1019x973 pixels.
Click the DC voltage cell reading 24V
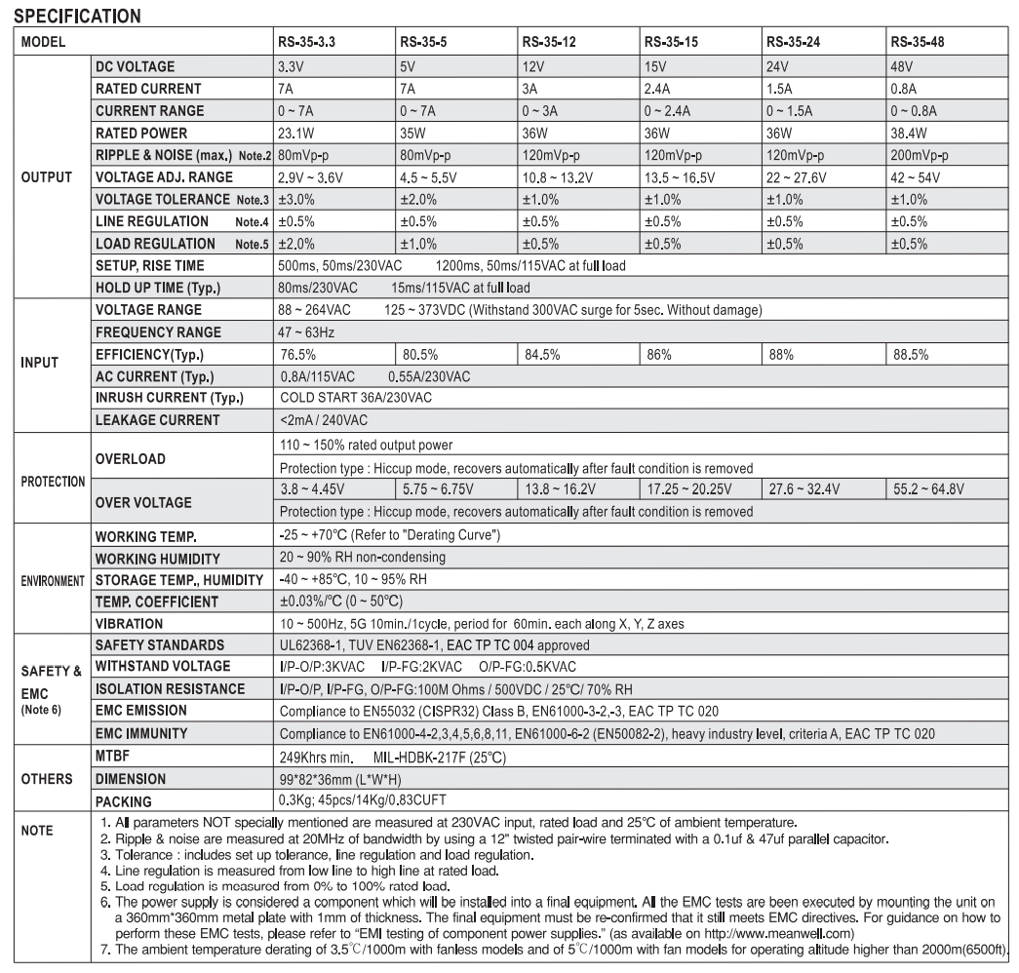pos(777,66)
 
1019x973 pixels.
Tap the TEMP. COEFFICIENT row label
pos(156,602)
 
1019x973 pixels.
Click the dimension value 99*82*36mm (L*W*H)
pos(346,779)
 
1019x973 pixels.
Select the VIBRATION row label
pos(130,623)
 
